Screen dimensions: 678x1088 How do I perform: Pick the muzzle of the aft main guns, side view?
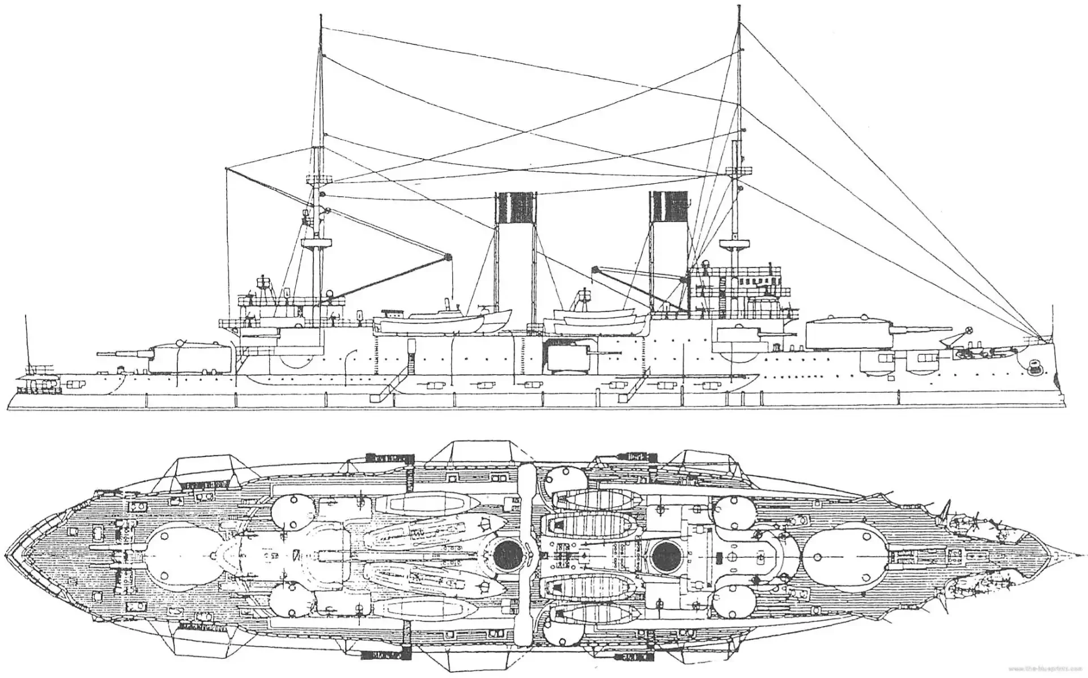click(x=99, y=353)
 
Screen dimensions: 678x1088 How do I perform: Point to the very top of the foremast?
click(x=739, y=7)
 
